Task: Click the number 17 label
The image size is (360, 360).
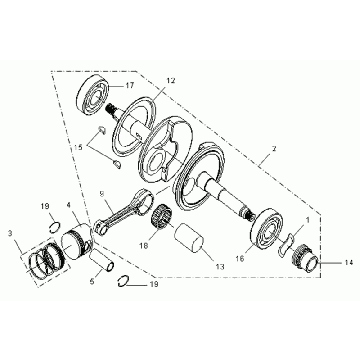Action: (x=129, y=86)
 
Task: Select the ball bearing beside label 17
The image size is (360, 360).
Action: (x=94, y=95)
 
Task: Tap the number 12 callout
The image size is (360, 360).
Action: (x=171, y=81)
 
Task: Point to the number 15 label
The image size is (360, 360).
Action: (x=78, y=147)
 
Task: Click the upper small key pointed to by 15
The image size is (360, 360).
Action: (x=101, y=130)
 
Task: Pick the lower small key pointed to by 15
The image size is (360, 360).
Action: (x=116, y=164)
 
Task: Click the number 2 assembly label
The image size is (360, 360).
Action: (x=274, y=149)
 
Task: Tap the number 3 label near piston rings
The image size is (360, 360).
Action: (x=10, y=233)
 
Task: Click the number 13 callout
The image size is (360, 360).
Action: (x=220, y=266)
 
